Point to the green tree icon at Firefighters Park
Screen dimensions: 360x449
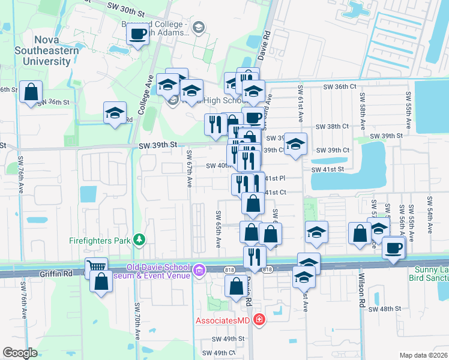[140, 240]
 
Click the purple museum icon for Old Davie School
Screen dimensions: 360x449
[199, 271]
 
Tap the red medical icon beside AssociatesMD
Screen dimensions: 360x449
[259, 319]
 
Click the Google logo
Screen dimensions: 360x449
[20, 353]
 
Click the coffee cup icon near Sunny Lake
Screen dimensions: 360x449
[394, 248]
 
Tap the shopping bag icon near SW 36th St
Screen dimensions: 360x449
[31, 93]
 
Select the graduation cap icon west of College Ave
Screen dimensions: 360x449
[113, 113]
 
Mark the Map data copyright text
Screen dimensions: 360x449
[423, 355]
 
